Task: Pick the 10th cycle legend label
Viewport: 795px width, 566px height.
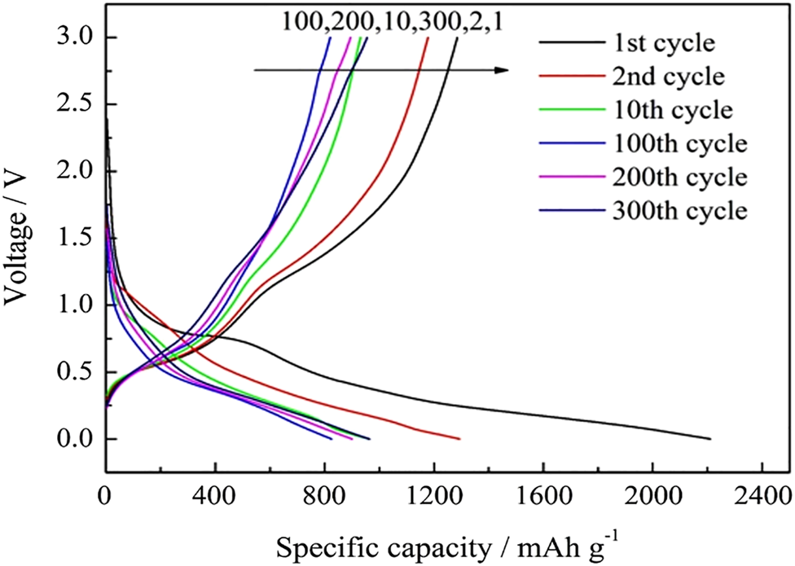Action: [x=652, y=110]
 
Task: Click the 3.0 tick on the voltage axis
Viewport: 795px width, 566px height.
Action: [x=77, y=37]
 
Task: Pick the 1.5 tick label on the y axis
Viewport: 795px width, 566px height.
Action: [x=77, y=239]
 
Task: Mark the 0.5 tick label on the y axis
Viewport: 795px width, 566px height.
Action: [x=77, y=372]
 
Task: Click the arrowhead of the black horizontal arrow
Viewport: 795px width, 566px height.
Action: [x=504, y=70]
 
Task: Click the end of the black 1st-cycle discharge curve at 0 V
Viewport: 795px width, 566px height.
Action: [x=710, y=438]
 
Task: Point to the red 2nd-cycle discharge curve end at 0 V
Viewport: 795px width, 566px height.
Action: [x=460, y=438]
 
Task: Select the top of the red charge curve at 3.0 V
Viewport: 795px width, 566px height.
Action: [x=428, y=38]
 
